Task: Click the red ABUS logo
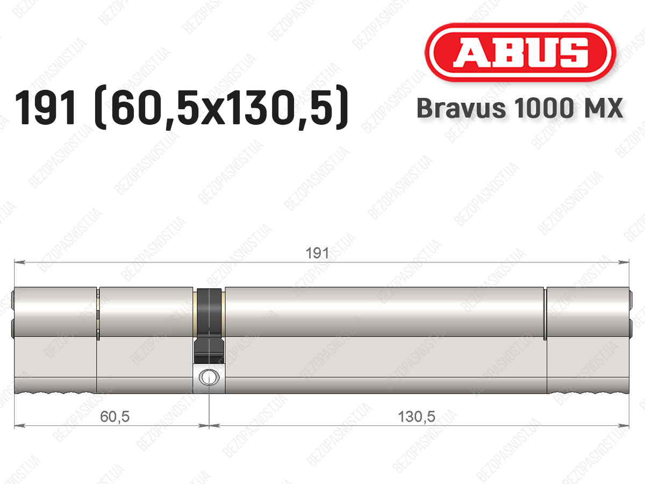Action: point(520,52)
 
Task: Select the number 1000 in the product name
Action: point(544,108)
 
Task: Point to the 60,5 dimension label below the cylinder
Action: point(114,417)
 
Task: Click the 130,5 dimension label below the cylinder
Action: point(417,417)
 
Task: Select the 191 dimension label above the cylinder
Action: point(317,253)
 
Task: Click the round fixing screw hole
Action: point(209,377)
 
